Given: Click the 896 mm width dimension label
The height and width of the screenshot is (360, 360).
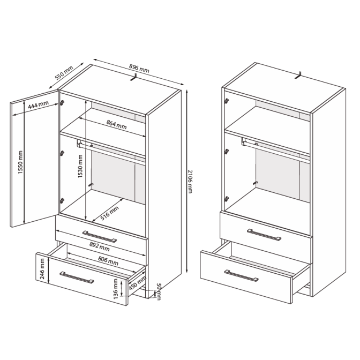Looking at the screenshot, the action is (139, 68).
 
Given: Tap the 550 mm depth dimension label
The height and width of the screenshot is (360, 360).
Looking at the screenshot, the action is (64, 72).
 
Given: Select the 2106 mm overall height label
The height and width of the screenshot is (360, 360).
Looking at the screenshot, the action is (190, 182).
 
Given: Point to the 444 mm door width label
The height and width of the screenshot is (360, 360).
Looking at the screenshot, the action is (38, 104).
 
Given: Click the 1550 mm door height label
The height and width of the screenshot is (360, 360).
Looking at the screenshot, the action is (20, 162).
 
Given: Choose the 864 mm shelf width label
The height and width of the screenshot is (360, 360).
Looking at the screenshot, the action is (116, 124).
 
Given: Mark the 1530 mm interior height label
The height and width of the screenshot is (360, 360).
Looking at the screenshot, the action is (80, 166).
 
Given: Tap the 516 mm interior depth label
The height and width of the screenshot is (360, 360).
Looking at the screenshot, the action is (109, 213).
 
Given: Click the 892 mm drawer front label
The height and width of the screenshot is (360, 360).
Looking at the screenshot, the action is (100, 247).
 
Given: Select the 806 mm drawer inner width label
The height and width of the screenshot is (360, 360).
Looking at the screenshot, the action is (108, 261).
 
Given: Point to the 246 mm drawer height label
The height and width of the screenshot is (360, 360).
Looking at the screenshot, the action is (42, 268).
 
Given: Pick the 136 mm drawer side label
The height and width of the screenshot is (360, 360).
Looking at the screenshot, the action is (116, 289).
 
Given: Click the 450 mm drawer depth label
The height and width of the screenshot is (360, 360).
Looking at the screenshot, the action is (137, 283).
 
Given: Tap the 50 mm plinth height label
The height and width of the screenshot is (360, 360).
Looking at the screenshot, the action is (159, 291).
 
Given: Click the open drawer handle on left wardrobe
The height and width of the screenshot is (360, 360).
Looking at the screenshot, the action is (77, 277).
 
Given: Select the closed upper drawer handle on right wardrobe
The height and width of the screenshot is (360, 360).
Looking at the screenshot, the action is (264, 235).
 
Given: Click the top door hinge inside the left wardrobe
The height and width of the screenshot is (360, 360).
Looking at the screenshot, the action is (62, 103).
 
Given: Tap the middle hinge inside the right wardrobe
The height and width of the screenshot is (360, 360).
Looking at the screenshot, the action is (227, 151).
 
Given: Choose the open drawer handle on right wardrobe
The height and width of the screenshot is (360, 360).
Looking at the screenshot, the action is (241, 275).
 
